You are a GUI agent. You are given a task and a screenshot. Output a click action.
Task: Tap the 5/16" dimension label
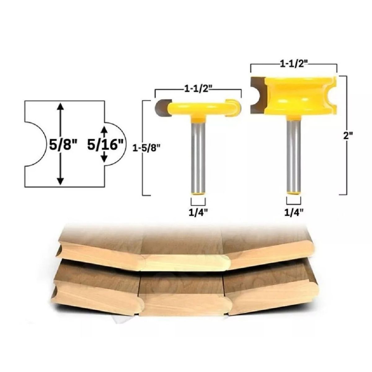click(105, 145)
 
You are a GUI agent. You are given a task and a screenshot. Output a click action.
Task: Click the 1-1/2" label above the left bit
click(198, 90)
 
